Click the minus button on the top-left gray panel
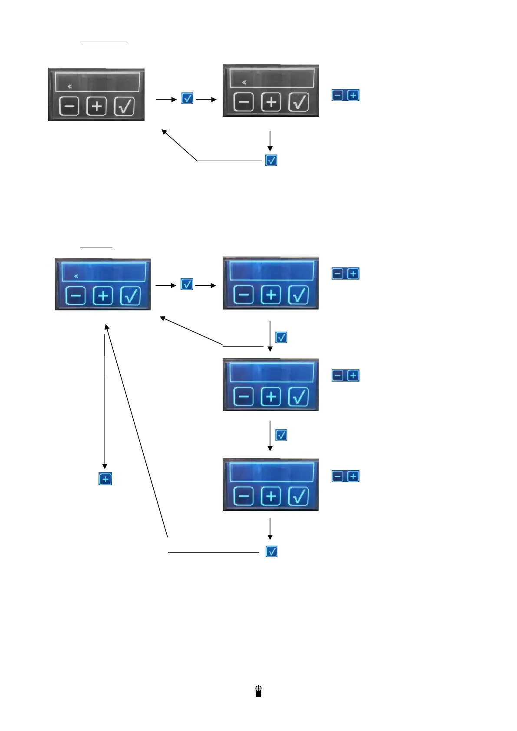tap(69, 106)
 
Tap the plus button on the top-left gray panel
tap(97, 106)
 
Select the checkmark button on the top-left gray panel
tap(125, 106)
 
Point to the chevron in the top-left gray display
tap(70, 87)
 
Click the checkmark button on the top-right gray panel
tap(299, 102)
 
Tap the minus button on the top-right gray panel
tap(244, 102)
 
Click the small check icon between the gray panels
tap(187, 99)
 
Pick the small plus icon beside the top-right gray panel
tap(353, 95)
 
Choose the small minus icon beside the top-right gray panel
tap(338, 95)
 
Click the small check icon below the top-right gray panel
tap(271, 160)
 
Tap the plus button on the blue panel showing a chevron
tap(103, 296)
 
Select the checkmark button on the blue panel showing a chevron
tap(131, 296)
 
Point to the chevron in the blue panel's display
tap(76, 276)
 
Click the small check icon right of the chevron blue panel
tap(187, 284)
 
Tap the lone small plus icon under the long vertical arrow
tap(105, 479)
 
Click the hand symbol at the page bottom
tap(259, 691)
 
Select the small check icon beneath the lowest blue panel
tap(271, 551)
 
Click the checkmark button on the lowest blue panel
tap(299, 496)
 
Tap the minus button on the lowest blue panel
tap(244, 496)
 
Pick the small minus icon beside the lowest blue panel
tap(338, 476)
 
